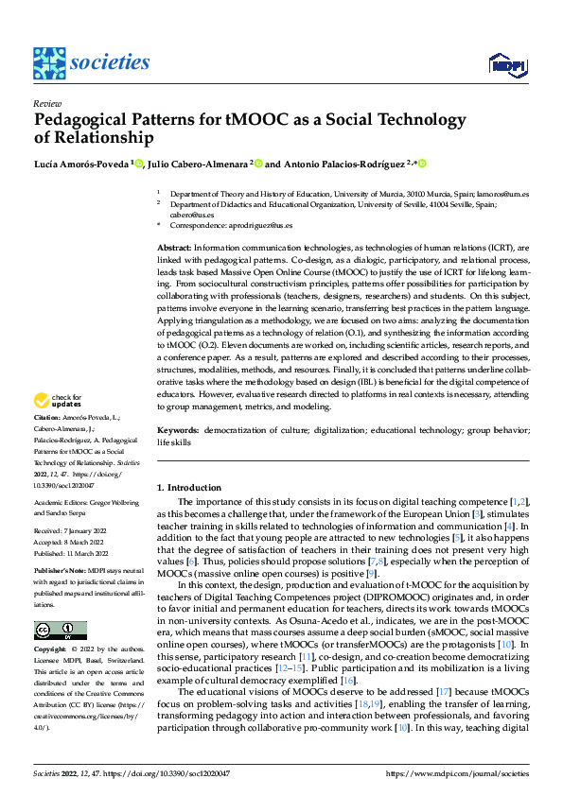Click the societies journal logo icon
(x=49, y=63)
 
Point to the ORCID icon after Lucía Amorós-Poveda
(x=138, y=164)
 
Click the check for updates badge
(x=60, y=402)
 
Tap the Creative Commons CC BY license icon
(x=60, y=631)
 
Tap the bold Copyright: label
(x=51, y=651)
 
